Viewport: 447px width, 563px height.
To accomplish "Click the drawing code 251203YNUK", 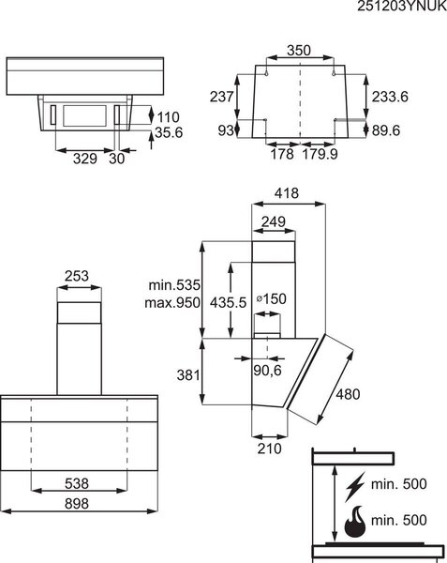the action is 402,7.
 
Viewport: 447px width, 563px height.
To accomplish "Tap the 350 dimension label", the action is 299,51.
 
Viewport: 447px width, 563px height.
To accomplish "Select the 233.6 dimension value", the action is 390,97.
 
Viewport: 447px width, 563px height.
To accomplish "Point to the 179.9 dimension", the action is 320,154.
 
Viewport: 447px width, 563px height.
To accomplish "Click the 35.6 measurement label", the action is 169,132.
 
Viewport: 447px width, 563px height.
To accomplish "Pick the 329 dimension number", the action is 85,159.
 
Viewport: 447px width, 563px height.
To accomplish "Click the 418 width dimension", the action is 287,193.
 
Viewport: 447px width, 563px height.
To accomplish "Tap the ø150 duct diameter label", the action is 272,298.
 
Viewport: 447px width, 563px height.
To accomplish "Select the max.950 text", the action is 172,303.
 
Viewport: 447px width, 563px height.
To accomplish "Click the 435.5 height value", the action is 229,303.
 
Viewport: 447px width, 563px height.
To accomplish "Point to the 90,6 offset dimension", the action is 267,371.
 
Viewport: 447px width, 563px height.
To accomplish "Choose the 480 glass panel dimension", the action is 348,394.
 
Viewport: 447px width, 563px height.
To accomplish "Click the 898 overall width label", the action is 77,504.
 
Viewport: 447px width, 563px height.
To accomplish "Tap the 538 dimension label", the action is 77,483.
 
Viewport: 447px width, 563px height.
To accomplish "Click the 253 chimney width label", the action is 77,276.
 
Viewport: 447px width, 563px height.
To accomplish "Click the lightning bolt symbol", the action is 355,486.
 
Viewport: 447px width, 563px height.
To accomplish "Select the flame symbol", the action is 355,522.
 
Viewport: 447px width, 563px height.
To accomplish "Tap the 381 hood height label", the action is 188,375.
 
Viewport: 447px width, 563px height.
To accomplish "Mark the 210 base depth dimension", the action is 269,449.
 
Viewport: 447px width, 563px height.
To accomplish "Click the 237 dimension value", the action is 221,97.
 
